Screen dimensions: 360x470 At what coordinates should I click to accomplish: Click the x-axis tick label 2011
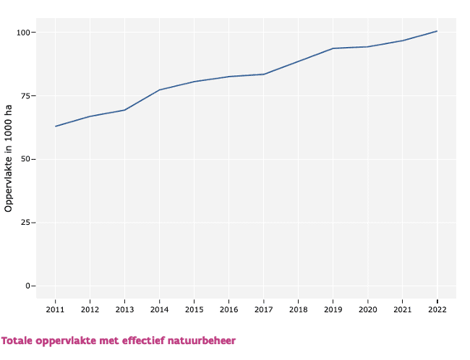point(55,309)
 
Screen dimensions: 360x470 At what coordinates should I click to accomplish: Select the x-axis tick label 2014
point(159,309)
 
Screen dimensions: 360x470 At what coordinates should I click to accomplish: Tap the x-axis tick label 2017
point(263,309)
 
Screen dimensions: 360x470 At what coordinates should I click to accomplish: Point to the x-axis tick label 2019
point(333,309)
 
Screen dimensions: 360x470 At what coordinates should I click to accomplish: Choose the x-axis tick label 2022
point(437,309)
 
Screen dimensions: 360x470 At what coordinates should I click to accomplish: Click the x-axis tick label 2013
point(124,309)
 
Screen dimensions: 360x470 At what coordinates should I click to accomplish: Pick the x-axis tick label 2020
point(367,309)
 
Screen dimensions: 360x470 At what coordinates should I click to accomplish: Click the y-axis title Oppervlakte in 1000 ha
point(9,159)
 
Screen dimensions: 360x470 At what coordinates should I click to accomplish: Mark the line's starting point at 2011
point(55,127)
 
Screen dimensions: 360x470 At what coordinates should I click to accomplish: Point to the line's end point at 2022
point(437,31)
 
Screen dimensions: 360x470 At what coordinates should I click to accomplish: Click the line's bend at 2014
point(159,90)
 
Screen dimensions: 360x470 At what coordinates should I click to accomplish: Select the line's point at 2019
point(333,48)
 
